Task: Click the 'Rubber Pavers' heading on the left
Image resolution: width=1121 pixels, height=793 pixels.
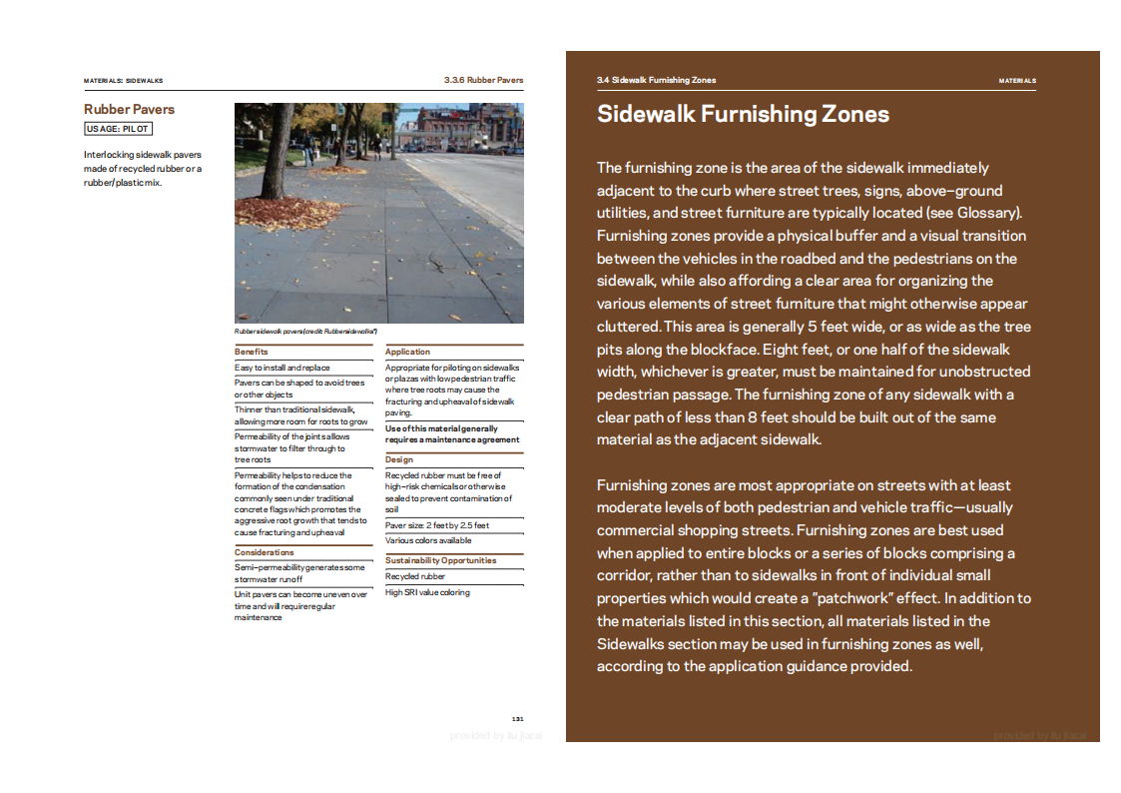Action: coord(129,109)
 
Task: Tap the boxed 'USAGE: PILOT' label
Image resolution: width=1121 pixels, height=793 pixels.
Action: coord(119,129)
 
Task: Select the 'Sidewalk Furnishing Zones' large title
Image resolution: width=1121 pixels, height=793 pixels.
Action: coord(743,114)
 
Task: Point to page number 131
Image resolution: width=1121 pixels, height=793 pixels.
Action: coord(517,718)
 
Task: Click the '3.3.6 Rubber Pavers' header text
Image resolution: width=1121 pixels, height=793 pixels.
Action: coord(483,80)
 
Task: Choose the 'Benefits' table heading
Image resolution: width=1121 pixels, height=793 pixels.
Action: coord(252,352)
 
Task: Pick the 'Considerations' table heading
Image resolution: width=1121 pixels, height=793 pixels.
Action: coord(265,552)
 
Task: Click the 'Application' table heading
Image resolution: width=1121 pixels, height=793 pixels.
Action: coord(407,352)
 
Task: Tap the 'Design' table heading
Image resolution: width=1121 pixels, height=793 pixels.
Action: coord(398,459)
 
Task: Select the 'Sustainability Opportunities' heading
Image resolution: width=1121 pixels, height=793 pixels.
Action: coord(440,560)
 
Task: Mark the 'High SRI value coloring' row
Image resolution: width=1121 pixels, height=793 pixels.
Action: coord(427,592)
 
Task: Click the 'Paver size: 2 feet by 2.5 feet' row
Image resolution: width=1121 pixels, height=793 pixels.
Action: coord(436,525)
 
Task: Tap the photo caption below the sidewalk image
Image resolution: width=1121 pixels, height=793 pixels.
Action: coord(306,331)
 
